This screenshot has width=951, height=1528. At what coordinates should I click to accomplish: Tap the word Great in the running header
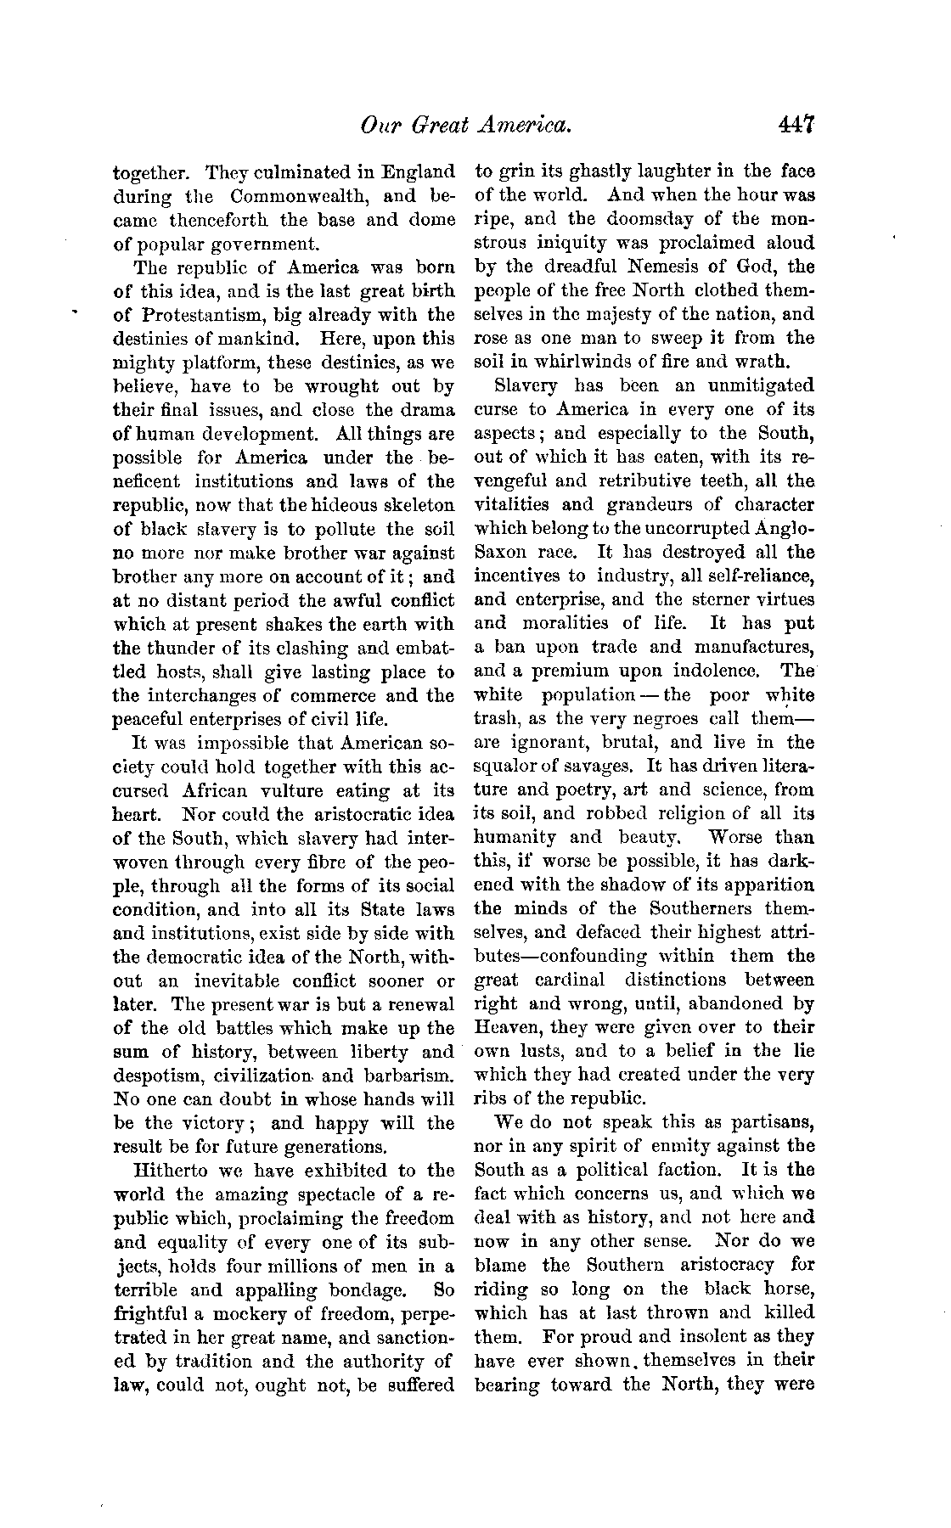pyautogui.click(x=441, y=125)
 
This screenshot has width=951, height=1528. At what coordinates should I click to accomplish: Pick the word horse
pyautogui.click(x=786, y=1288)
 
